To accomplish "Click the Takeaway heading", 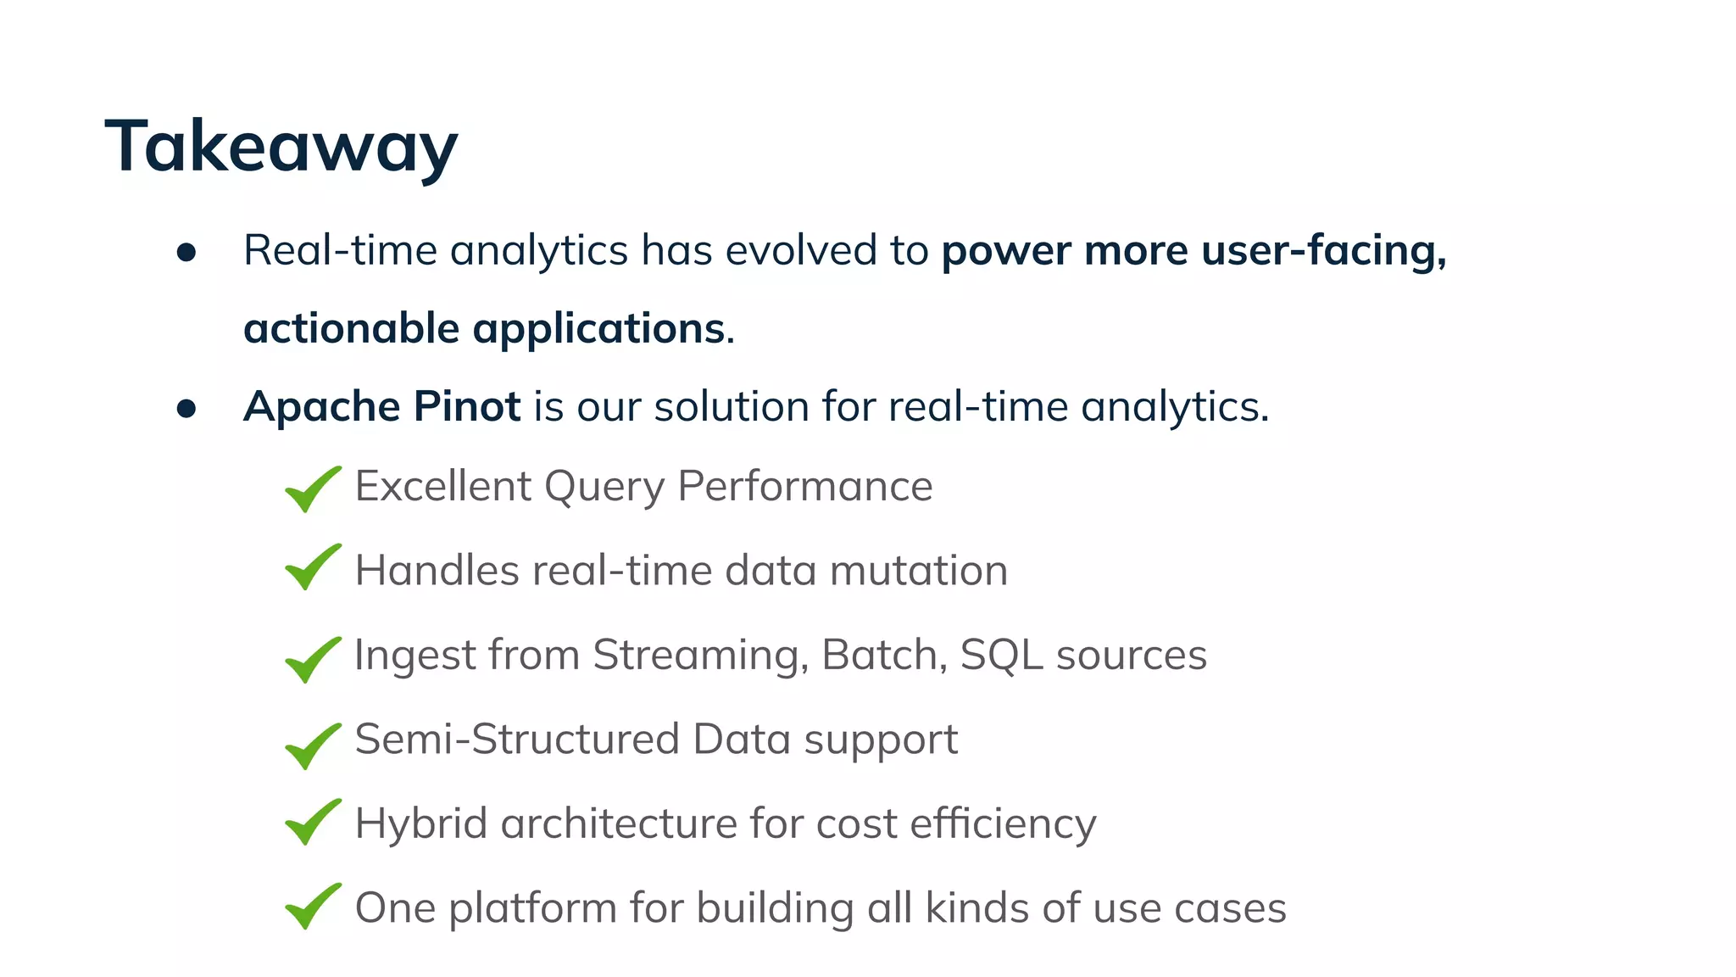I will click(281, 147).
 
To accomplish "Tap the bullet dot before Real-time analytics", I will click(186, 253).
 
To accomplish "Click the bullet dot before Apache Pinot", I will click(186, 409).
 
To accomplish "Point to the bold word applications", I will click(598, 330).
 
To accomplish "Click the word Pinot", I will click(466, 406).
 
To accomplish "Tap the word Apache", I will click(321, 408).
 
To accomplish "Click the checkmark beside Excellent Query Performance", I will click(312, 489).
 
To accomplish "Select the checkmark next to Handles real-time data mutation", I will click(312, 567).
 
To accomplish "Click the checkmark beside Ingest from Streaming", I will click(312, 660).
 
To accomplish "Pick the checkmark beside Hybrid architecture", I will click(312, 822).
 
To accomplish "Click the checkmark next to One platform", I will click(312, 907).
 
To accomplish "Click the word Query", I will click(604, 488).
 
